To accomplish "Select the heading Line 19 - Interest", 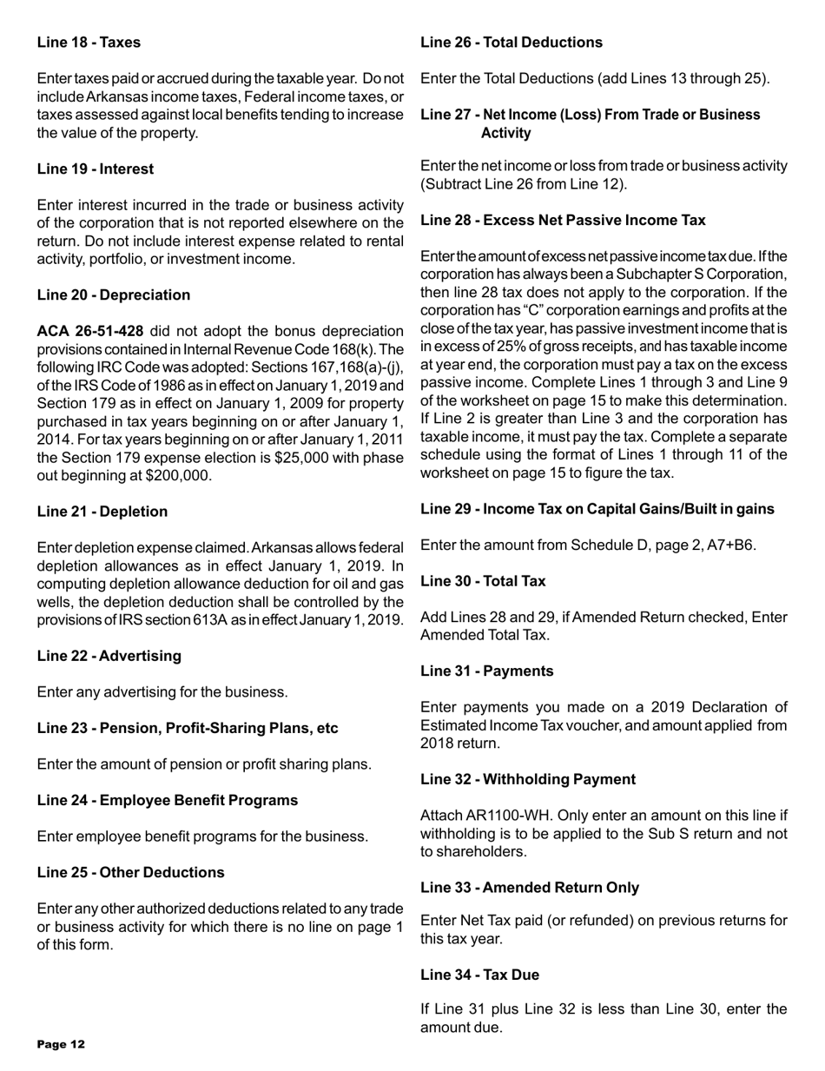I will [x=95, y=169].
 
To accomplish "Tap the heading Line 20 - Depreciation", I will [x=113, y=295].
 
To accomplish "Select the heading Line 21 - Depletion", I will [x=102, y=512].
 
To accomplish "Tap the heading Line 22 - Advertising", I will [x=108, y=657].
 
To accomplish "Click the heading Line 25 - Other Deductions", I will [x=130, y=871].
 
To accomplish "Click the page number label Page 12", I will [x=61, y=1043].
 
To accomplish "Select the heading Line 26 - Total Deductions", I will [x=511, y=42].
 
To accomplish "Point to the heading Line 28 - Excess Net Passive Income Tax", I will [x=563, y=221].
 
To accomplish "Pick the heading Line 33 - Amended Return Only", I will [x=529, y=888].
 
